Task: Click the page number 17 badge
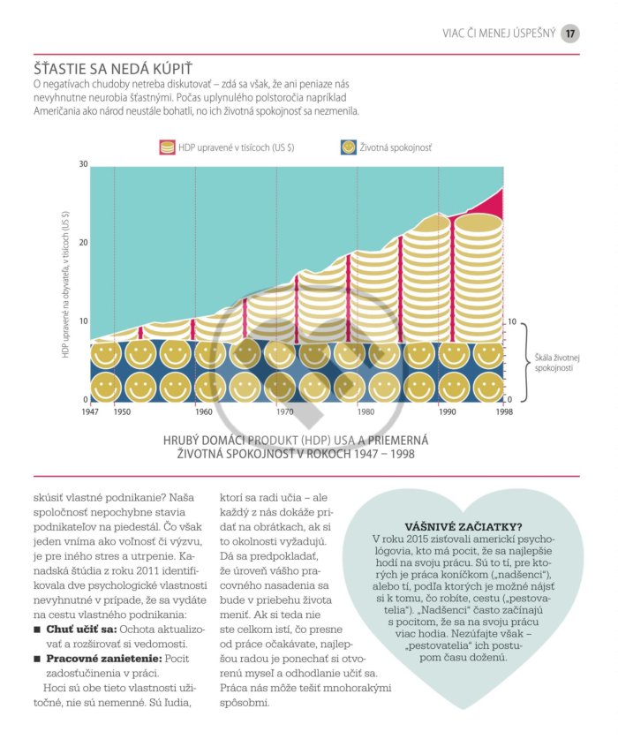point(570,34)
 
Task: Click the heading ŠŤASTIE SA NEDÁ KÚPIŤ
point(113,69)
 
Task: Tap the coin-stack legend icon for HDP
point(167,147)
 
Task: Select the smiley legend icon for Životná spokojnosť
point(349,147)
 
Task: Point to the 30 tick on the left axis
point(84,164)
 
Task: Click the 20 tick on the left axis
point(84,243)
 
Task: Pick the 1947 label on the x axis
point(90,412)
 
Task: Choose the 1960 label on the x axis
point(204,412)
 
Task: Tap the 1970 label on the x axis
point(285,412)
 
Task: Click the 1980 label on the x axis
point(366,412)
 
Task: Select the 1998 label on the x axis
point(504,412)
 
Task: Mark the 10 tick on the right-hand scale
point(512,322)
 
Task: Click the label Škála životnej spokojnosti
point(557,363)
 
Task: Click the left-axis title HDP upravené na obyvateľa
point(65,284)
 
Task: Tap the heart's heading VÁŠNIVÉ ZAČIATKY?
point(463,527)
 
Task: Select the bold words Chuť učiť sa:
point(81,630)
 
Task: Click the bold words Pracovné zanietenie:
point(104,659)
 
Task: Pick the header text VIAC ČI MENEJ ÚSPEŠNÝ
point(499,34)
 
